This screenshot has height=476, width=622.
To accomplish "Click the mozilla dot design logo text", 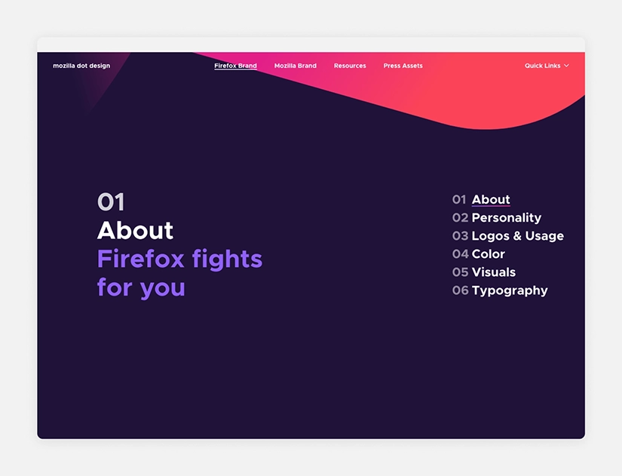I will click(x=81, y=66).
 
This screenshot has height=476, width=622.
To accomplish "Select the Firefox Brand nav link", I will click(x=235, y=66).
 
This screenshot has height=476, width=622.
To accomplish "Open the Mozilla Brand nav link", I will click(x=296, y=66).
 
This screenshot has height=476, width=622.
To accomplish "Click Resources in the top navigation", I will click(x=350, y=66).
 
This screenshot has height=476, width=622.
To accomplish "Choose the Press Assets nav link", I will click(x=403, y=66).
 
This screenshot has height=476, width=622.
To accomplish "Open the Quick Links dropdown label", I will click(x=542, y=66).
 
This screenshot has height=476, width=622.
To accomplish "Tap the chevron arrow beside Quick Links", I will click(x=566, y=66).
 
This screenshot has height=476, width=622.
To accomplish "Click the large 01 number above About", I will click(x=111, y=202).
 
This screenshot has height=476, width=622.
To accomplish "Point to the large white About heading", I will click(x=135, y=230).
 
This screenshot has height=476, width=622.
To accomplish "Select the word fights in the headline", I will click(x=227, y=259).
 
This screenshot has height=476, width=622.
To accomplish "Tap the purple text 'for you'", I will click(x=141, y=287).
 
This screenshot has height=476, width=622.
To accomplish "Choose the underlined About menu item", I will click(x=491, y=200).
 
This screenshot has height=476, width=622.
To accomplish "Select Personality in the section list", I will click(x=506, y=218).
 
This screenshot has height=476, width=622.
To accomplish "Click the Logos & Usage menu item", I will click(x=517, y=236).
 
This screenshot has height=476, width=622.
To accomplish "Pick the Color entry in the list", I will click(x=488, y=254).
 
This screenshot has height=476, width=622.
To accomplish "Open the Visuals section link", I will click(x=493, y=272).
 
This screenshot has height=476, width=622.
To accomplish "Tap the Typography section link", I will click(x=510, y=290).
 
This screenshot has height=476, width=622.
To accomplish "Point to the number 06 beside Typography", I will click(x=460, y=290).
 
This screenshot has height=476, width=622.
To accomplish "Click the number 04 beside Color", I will click(x=460, y=254).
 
